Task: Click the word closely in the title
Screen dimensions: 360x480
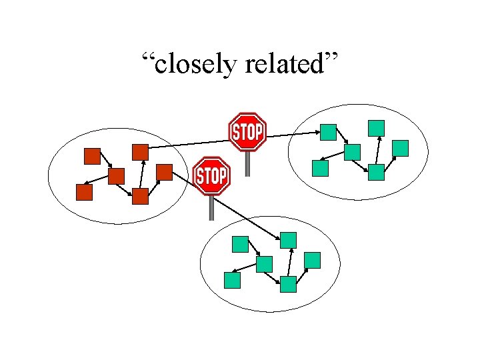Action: coord(197,65)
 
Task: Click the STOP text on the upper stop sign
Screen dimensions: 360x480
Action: coord(247,133)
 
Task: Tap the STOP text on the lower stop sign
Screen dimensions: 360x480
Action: coord(211,177)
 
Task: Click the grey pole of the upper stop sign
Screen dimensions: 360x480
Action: coord(247,163)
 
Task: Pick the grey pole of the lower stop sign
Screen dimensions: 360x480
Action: coord(211,207)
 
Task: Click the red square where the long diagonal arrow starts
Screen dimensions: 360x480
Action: coord(164,172)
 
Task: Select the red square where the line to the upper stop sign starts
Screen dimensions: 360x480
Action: coord(140,152)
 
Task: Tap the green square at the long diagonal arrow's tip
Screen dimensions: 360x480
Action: coord(288,239)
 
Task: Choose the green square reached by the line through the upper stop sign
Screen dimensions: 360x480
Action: coord(328,132)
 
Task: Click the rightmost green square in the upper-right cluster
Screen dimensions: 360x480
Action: coord(401,148)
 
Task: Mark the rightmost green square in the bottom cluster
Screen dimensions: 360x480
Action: coord(312,260)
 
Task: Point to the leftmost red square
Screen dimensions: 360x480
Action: coord(84,192)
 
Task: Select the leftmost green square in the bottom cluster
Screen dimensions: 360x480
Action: coord(232,280)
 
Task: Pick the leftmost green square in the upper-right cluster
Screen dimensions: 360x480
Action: coord(321,168)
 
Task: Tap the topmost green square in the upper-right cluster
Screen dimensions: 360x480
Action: coord(377,127)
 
